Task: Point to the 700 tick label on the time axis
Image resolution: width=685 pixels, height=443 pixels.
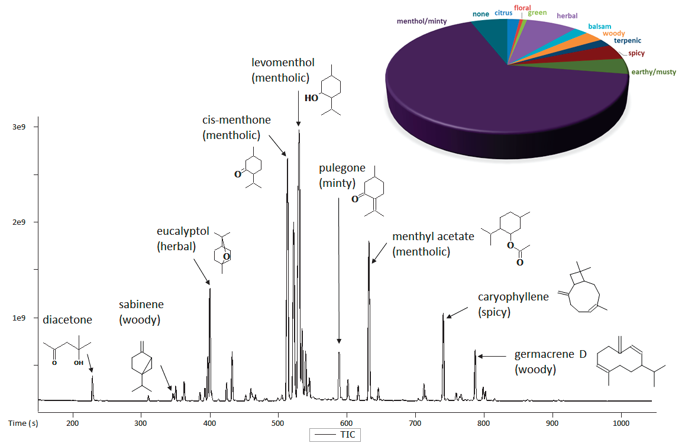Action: [415, 423]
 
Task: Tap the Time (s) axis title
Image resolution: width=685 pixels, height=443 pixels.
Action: [23, 423]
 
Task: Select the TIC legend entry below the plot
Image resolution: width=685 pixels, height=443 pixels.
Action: [335, 435]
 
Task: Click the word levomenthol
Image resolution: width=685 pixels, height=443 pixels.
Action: [283, 62]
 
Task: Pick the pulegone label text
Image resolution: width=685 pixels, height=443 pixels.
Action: [342, 168]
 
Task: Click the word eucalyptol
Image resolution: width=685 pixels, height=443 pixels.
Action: [183, 231]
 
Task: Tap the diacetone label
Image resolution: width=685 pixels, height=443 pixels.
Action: [67, 319]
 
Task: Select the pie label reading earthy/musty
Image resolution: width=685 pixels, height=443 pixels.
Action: [653, 72]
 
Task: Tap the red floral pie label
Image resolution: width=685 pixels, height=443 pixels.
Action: [522, 8]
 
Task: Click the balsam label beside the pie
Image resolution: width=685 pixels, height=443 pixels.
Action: [600, 27]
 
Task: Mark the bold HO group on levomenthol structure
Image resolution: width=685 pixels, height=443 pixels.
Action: [311, 98]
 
